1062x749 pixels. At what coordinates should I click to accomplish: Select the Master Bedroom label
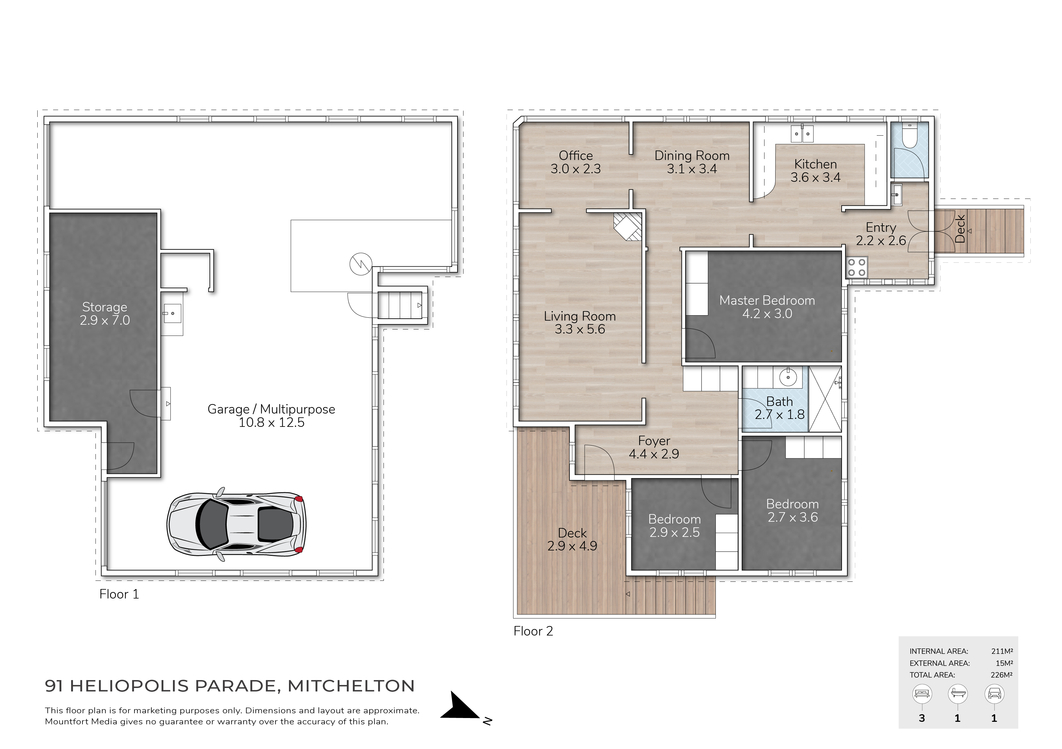[767, 300]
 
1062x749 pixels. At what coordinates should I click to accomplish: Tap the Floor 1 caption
[119, 594]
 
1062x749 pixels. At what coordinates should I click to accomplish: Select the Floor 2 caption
[533, 631]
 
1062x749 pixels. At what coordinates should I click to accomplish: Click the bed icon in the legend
[922, 694]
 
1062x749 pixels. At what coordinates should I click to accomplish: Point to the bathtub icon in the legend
[957, 694]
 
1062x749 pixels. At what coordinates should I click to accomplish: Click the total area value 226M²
[1001, 675]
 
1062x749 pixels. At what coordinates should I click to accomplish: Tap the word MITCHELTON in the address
[351, 686]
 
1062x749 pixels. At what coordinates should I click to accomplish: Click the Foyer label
[654, 440]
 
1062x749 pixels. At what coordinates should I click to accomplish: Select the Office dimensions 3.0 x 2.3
[575, 169]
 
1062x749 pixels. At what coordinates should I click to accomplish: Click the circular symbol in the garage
[361, 265]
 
